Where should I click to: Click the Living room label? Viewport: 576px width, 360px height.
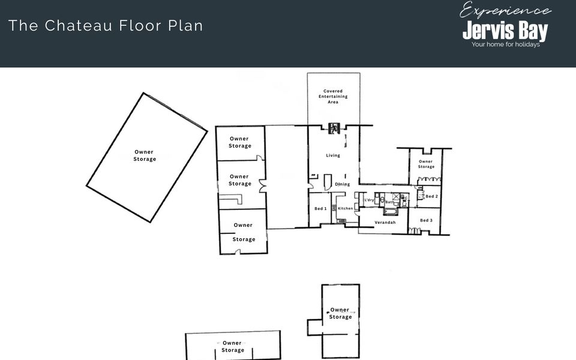[x=333, y=155]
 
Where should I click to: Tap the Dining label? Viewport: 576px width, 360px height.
[x=343, y=184]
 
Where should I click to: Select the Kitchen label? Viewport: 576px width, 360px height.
[x=346, y=208]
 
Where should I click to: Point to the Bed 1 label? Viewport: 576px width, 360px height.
[x=320, y=208]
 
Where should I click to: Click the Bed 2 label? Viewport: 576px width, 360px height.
[x=431, y=196]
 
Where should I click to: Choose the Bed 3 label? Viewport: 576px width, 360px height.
[x=426, y=220]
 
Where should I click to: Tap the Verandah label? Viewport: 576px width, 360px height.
[x=385, y=222]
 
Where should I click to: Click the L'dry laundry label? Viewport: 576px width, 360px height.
[x=369, y=200]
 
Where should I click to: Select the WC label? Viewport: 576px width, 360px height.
[x=404, y=199]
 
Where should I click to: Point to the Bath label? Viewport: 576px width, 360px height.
[x=389, y=202]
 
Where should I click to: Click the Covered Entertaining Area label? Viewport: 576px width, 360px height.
[x=333, y=96]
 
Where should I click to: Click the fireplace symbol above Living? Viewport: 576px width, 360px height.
[x=334, y=128]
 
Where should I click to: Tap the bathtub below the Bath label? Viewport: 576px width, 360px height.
[x=390, y=212]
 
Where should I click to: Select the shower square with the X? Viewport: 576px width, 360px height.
[x=395, y=196]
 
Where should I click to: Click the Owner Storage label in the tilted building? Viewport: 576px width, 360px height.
[x=145, y=155]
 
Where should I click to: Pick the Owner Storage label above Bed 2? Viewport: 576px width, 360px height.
[x=426, y=164]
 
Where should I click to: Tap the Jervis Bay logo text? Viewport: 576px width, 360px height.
[x=505, y=31]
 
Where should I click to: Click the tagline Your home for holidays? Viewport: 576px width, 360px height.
[x=505, y=44]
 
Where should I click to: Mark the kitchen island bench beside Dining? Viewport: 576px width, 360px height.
[x=328, y=182]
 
